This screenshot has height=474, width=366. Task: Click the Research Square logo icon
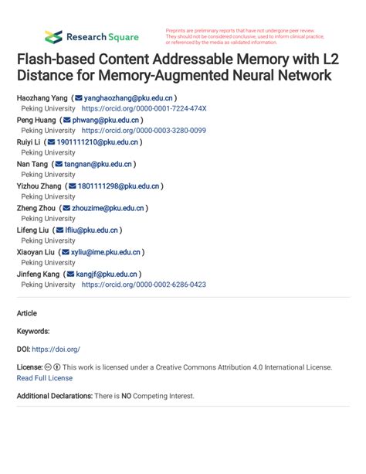(x=53, y=36)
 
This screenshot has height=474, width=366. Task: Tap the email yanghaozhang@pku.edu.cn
(x=128, y=99)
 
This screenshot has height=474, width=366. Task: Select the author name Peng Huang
(x=36, y=121)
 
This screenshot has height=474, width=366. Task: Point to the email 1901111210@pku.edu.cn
(x=97, y=142)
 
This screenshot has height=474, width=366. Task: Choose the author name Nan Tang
(x=32, y=164)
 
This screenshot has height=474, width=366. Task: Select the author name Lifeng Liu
(x=33, y=230)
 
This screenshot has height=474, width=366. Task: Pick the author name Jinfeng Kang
(x=38, y=274)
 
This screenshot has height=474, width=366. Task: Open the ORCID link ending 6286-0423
(x=144, y=285)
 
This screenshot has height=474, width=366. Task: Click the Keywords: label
(x=33, y=331)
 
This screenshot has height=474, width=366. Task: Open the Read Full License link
(x=44, y=378)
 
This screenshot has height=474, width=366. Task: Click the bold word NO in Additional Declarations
(x=127, y=396)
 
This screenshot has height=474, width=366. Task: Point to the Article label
(x=26, y=313)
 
